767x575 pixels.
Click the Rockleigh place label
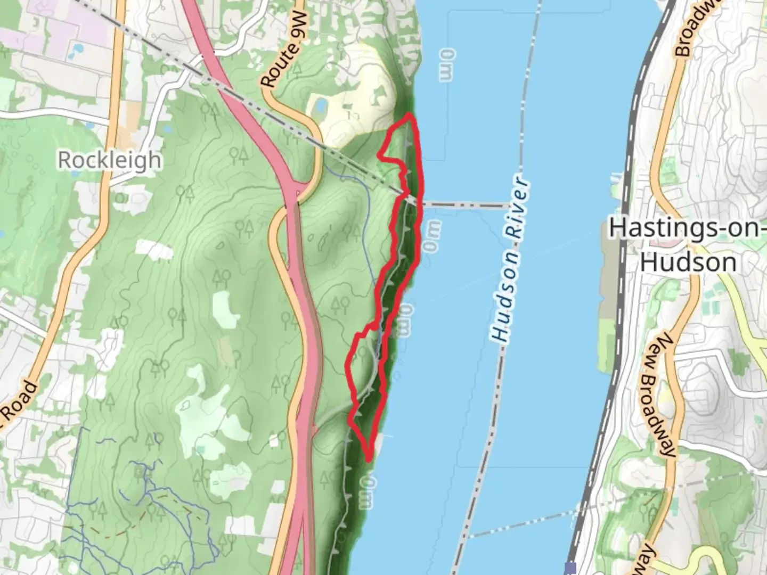point(109,160)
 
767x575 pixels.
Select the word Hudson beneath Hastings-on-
point(689,262)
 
